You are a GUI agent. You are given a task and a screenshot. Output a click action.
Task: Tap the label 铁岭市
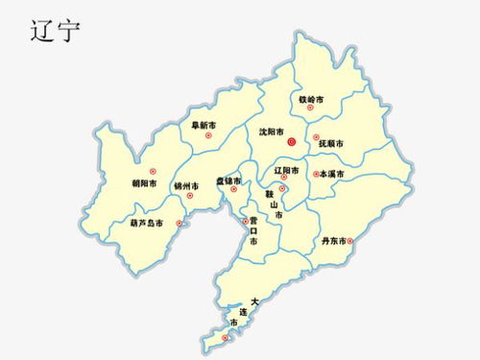point(311,99)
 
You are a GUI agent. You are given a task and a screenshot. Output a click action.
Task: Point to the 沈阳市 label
point(272,132)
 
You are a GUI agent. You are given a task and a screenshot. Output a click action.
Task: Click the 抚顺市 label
point(329,144)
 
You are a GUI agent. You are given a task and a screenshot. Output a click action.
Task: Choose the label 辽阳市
point(286,170)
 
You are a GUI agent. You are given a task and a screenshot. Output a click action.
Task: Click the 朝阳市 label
point(146,183)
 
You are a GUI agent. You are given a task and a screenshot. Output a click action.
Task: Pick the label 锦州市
point(186,185)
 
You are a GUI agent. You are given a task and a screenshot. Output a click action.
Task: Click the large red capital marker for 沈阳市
point(292,140)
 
